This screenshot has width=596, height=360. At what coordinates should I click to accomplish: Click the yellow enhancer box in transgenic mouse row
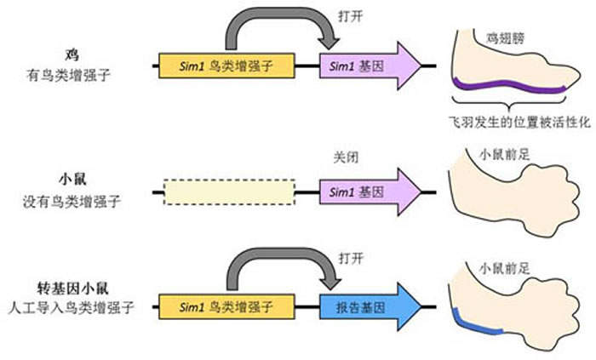coord(226,302)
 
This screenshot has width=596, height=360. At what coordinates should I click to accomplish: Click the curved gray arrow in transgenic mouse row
coord(281,263)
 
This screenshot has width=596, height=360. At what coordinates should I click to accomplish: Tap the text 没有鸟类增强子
coord(68,203)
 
